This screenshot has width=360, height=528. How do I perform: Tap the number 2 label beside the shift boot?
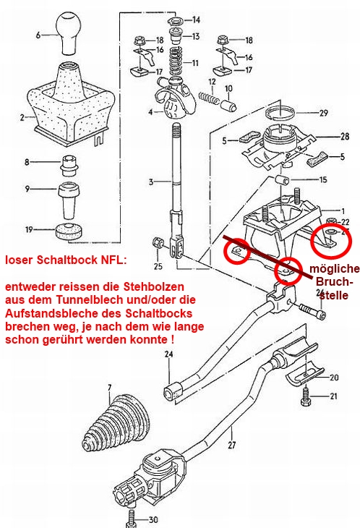coord(22,117)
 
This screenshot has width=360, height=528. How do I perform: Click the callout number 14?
coord(196,20)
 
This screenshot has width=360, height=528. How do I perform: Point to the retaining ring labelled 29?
coord(280,112)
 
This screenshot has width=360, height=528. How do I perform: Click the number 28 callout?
coord(345,137)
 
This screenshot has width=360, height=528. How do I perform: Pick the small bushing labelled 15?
coord(282,180)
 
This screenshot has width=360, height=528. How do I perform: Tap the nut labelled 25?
coord(158,242)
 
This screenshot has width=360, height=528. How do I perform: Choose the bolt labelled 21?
coord(305,396)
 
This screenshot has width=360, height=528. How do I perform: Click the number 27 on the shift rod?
coord(232,445)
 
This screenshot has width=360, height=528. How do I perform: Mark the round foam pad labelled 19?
coord(69,231)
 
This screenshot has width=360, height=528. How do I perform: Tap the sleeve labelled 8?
coord(69,165)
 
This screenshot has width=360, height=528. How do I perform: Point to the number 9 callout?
coord(27,189)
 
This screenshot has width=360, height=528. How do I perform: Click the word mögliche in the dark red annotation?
coord(335,269)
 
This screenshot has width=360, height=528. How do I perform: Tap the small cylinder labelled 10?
coord(228,105)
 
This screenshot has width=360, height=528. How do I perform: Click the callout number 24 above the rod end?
coord(168,354)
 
